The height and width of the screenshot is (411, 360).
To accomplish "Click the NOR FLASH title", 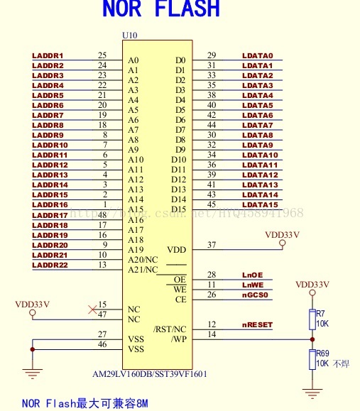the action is (x=161, y=9).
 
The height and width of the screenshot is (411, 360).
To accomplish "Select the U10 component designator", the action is (x=129, y=35).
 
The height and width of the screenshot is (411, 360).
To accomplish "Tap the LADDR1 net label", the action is (x=48, y=56).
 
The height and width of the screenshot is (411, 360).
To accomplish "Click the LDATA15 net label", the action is (x=260, y=204).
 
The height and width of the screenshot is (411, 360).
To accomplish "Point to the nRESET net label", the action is (x=257, y=325).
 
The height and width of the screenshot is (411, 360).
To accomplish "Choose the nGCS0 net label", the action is (x=255, y=295).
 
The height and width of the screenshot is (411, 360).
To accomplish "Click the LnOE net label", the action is (x=253, y=275).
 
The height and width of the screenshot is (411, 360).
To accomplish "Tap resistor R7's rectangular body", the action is (x=312, y=319).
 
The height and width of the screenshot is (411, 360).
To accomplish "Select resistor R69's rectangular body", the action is (x=312, y=359).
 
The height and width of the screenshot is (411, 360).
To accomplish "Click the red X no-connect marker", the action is (x=92, y=309).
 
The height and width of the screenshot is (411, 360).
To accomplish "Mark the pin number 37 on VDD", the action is (x=212, y=245).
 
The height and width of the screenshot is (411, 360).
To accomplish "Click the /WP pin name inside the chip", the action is (x=179, y=339).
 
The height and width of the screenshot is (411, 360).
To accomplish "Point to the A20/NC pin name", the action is (x=143, y=260).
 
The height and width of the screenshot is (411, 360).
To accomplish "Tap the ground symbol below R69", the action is (x=312, y=393).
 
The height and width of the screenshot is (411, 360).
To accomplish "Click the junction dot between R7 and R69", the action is (x=312, y=339).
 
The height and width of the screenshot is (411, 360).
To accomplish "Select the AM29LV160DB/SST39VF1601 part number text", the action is (x=150, y=374).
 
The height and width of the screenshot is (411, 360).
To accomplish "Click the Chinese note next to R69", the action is (x=341, y=363).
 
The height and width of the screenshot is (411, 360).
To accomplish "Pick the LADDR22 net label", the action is (x=50, y=265).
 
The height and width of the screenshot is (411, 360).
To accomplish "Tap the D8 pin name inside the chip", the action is (x=180, y=140).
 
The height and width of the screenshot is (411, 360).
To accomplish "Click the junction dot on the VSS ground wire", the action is (x=33, y=349).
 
